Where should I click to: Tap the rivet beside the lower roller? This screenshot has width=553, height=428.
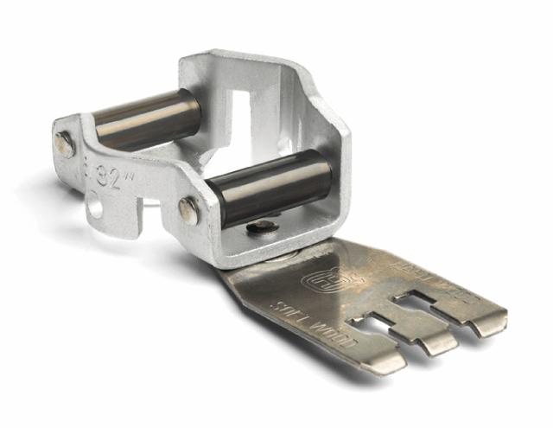coord(188,210)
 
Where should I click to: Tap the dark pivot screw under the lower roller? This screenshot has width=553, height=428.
coord(262,227)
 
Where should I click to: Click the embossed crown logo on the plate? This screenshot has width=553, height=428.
coord(324,280)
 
